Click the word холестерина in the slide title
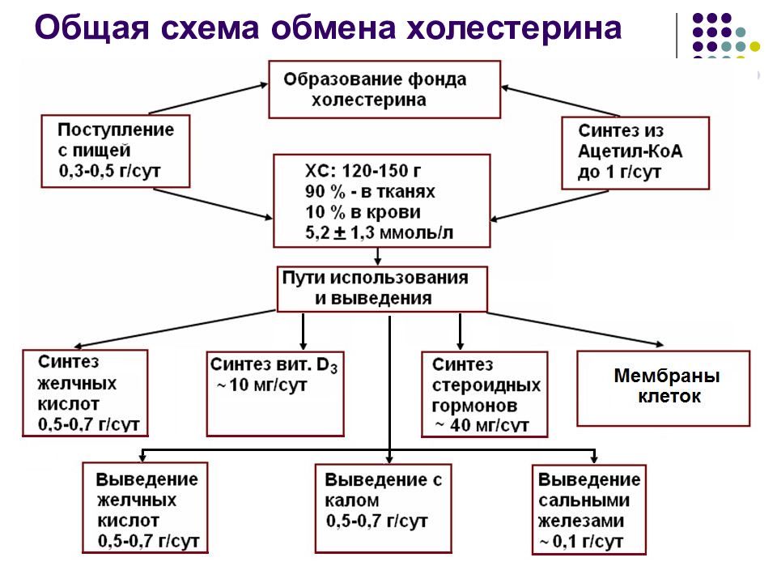click(x=514, y=28)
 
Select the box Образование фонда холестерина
click(x=384, y=90)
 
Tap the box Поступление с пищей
click(x=116, y=151)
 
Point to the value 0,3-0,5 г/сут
click(x=109, y=171)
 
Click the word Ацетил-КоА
click(x=630, y=151)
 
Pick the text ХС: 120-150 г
click(x=363, y=171)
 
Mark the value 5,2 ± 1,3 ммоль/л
click(x=379, y=232)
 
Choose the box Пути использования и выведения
click(x=382, y=289)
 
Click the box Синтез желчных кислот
click(x=85, y=394)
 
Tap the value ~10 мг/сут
click(x=261, y=385)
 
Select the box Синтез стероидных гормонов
click(x=485, y=394)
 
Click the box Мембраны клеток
click(x=664, y=389)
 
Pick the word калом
click(x=352, y=500)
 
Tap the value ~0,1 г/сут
click(x=580, y=542)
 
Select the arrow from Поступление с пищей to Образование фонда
click(x=208, y=99)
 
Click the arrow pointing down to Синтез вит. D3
click(x=304, y=330)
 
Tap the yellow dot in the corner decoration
click(x=754, y=47)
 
